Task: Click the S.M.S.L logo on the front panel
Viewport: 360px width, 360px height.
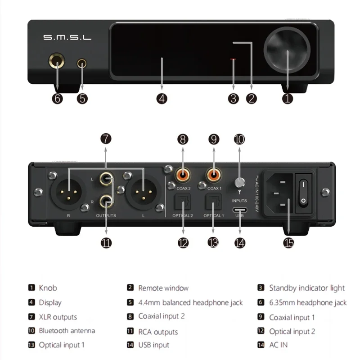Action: click(67, 37)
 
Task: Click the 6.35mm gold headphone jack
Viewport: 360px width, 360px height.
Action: click(58, 63)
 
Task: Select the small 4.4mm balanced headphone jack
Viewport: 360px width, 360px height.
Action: click(82, 63)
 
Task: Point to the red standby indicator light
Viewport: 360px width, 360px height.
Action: click(233, 59)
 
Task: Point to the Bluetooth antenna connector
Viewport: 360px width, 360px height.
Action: click(240, 183)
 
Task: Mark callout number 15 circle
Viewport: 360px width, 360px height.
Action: click(288, 243)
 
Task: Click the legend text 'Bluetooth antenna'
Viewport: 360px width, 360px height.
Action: click(67, 331)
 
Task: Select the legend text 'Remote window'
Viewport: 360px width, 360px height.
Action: click(163, 288)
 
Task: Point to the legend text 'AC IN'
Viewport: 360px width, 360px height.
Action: click(278, 345)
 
